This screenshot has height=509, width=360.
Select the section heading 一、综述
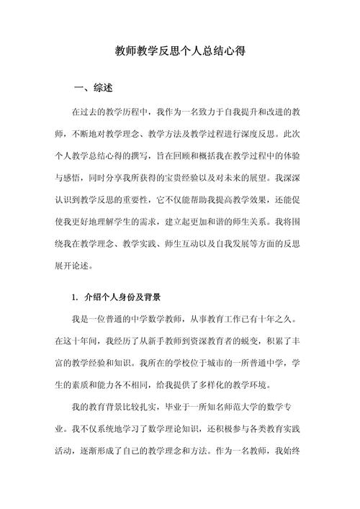[x=93, y=89]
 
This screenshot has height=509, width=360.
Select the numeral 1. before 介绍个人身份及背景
[x=76, y=297]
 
